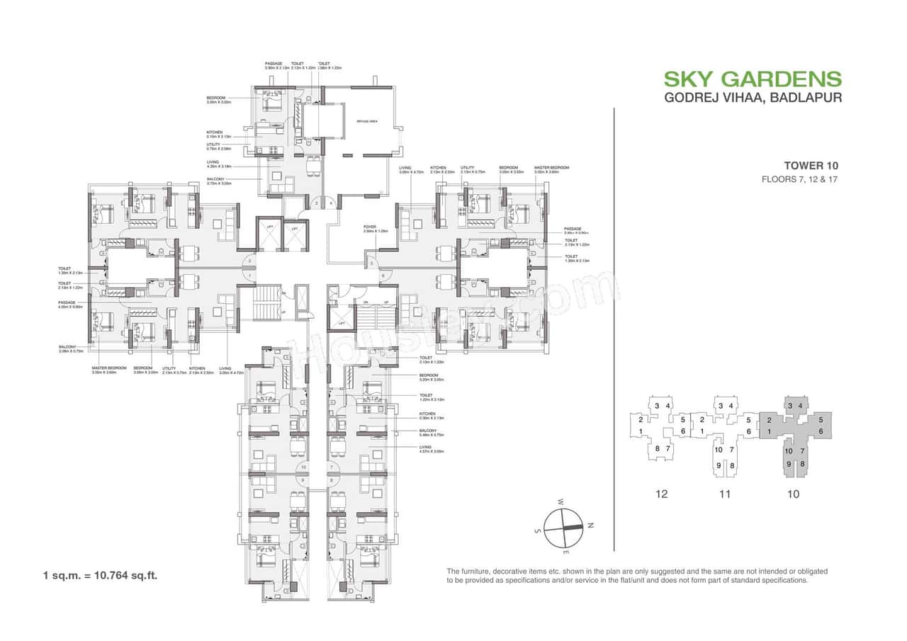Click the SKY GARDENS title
(x=753, y=79)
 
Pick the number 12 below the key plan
(x=662, y=494)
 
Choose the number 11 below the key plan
(x=723, y=494)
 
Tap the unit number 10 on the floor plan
(x=303, y=467)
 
